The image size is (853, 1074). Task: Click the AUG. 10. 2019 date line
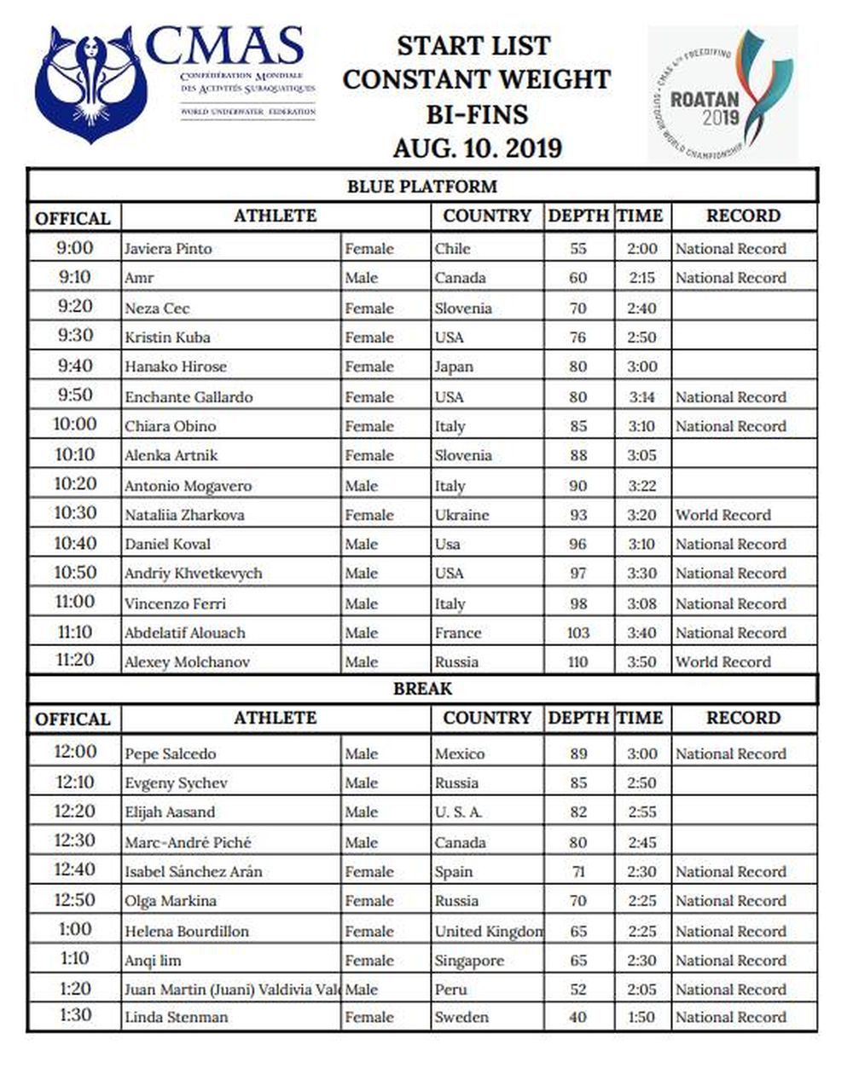click(477, 147)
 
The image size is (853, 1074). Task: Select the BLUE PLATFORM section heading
click(421, 186)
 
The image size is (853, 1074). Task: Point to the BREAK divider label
click(421, 688)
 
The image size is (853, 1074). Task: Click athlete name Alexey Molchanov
click(187, 661)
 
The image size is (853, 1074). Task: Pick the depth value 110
click(577, 661)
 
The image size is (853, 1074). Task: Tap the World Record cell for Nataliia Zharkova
click(722, 515)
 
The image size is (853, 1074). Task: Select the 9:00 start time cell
click(74, 248)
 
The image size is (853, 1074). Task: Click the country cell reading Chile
click(452, 249)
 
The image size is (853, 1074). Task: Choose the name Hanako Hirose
click(176, 367)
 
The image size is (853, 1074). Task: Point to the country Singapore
click(469, 960)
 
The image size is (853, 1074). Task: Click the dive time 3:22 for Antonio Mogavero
click(641, 486)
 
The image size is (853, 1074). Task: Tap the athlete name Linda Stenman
click(176, 1017)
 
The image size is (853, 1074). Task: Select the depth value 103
click(577, 632)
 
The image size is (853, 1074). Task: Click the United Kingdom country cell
click(488, 931)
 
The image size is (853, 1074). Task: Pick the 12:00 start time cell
click(74, 752)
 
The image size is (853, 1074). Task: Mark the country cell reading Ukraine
click(461, 515)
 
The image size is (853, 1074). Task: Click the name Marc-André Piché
click(188, 842)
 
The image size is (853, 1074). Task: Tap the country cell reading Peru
click(450, 990)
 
